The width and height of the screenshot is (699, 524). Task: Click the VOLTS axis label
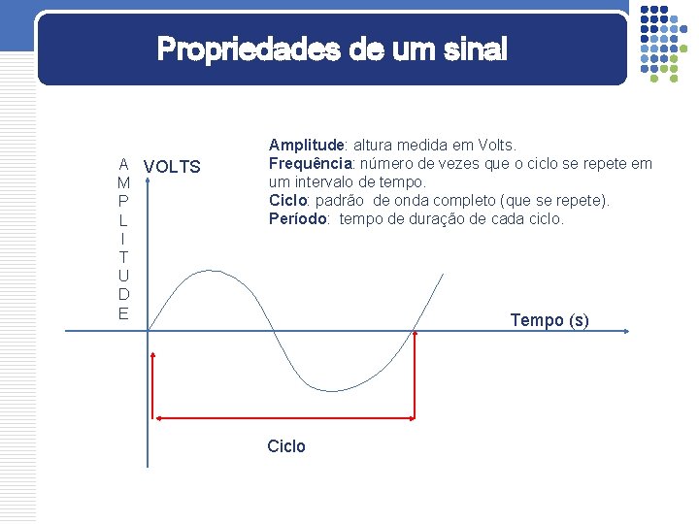click(172, 167)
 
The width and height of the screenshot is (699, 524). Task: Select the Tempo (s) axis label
click(549, 320)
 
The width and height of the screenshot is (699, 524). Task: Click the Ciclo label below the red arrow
click(286, 446)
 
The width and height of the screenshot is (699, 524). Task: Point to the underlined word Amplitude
click(303, 146)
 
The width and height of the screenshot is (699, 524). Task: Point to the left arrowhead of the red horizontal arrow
click(159, 418)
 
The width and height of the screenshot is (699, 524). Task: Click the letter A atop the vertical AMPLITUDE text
click(123, 164)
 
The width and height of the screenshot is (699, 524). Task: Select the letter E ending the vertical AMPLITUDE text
click(123, 312)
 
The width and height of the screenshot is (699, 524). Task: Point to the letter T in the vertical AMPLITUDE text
click(123, 257)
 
